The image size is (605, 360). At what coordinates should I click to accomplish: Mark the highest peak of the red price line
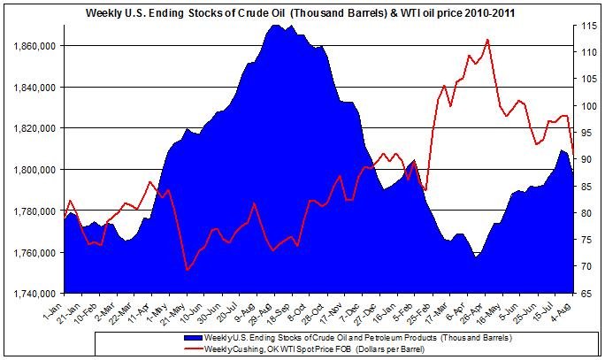tap(487, 40)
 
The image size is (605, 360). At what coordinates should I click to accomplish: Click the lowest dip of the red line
tap(187, 269)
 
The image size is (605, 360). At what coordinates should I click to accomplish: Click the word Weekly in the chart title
tap(103, 13)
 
